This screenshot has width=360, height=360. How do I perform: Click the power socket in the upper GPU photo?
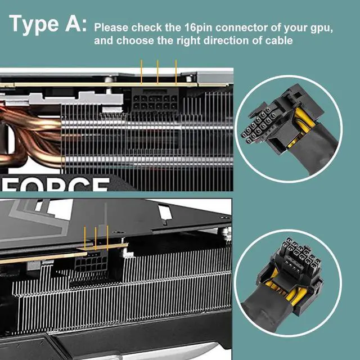(151, 103)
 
